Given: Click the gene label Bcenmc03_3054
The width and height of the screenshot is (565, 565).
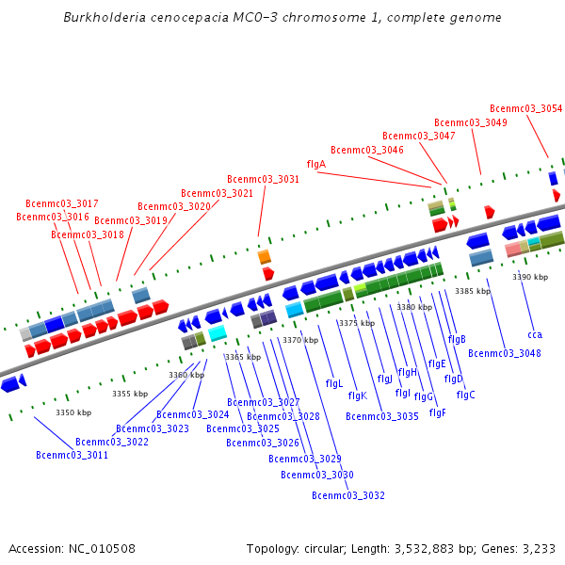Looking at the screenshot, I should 525,108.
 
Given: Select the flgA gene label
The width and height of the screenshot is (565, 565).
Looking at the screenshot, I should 316,164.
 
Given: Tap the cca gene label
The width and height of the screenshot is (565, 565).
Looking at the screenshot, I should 535,334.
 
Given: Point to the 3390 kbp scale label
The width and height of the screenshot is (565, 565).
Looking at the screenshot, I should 530,277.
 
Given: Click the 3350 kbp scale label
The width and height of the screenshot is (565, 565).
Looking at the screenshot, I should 73,412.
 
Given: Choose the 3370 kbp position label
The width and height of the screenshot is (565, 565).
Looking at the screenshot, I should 300,340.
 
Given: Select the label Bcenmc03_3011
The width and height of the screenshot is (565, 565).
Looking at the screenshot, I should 72,455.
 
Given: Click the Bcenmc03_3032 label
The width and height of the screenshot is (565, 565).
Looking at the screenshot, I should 347,495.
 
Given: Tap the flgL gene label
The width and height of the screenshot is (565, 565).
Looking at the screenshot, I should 334,383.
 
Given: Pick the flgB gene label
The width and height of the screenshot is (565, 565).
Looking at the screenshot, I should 457,339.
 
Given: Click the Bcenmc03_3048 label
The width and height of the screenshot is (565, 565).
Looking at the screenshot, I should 504,353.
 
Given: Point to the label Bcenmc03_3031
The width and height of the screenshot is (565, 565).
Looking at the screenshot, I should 263,179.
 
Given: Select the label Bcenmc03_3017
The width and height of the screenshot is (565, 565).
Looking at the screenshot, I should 61,203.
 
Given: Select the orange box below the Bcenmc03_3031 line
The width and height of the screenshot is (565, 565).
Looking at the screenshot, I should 265,256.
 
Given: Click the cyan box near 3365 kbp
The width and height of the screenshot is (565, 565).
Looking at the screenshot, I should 218,333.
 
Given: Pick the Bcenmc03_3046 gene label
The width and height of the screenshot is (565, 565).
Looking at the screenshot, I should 366,150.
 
